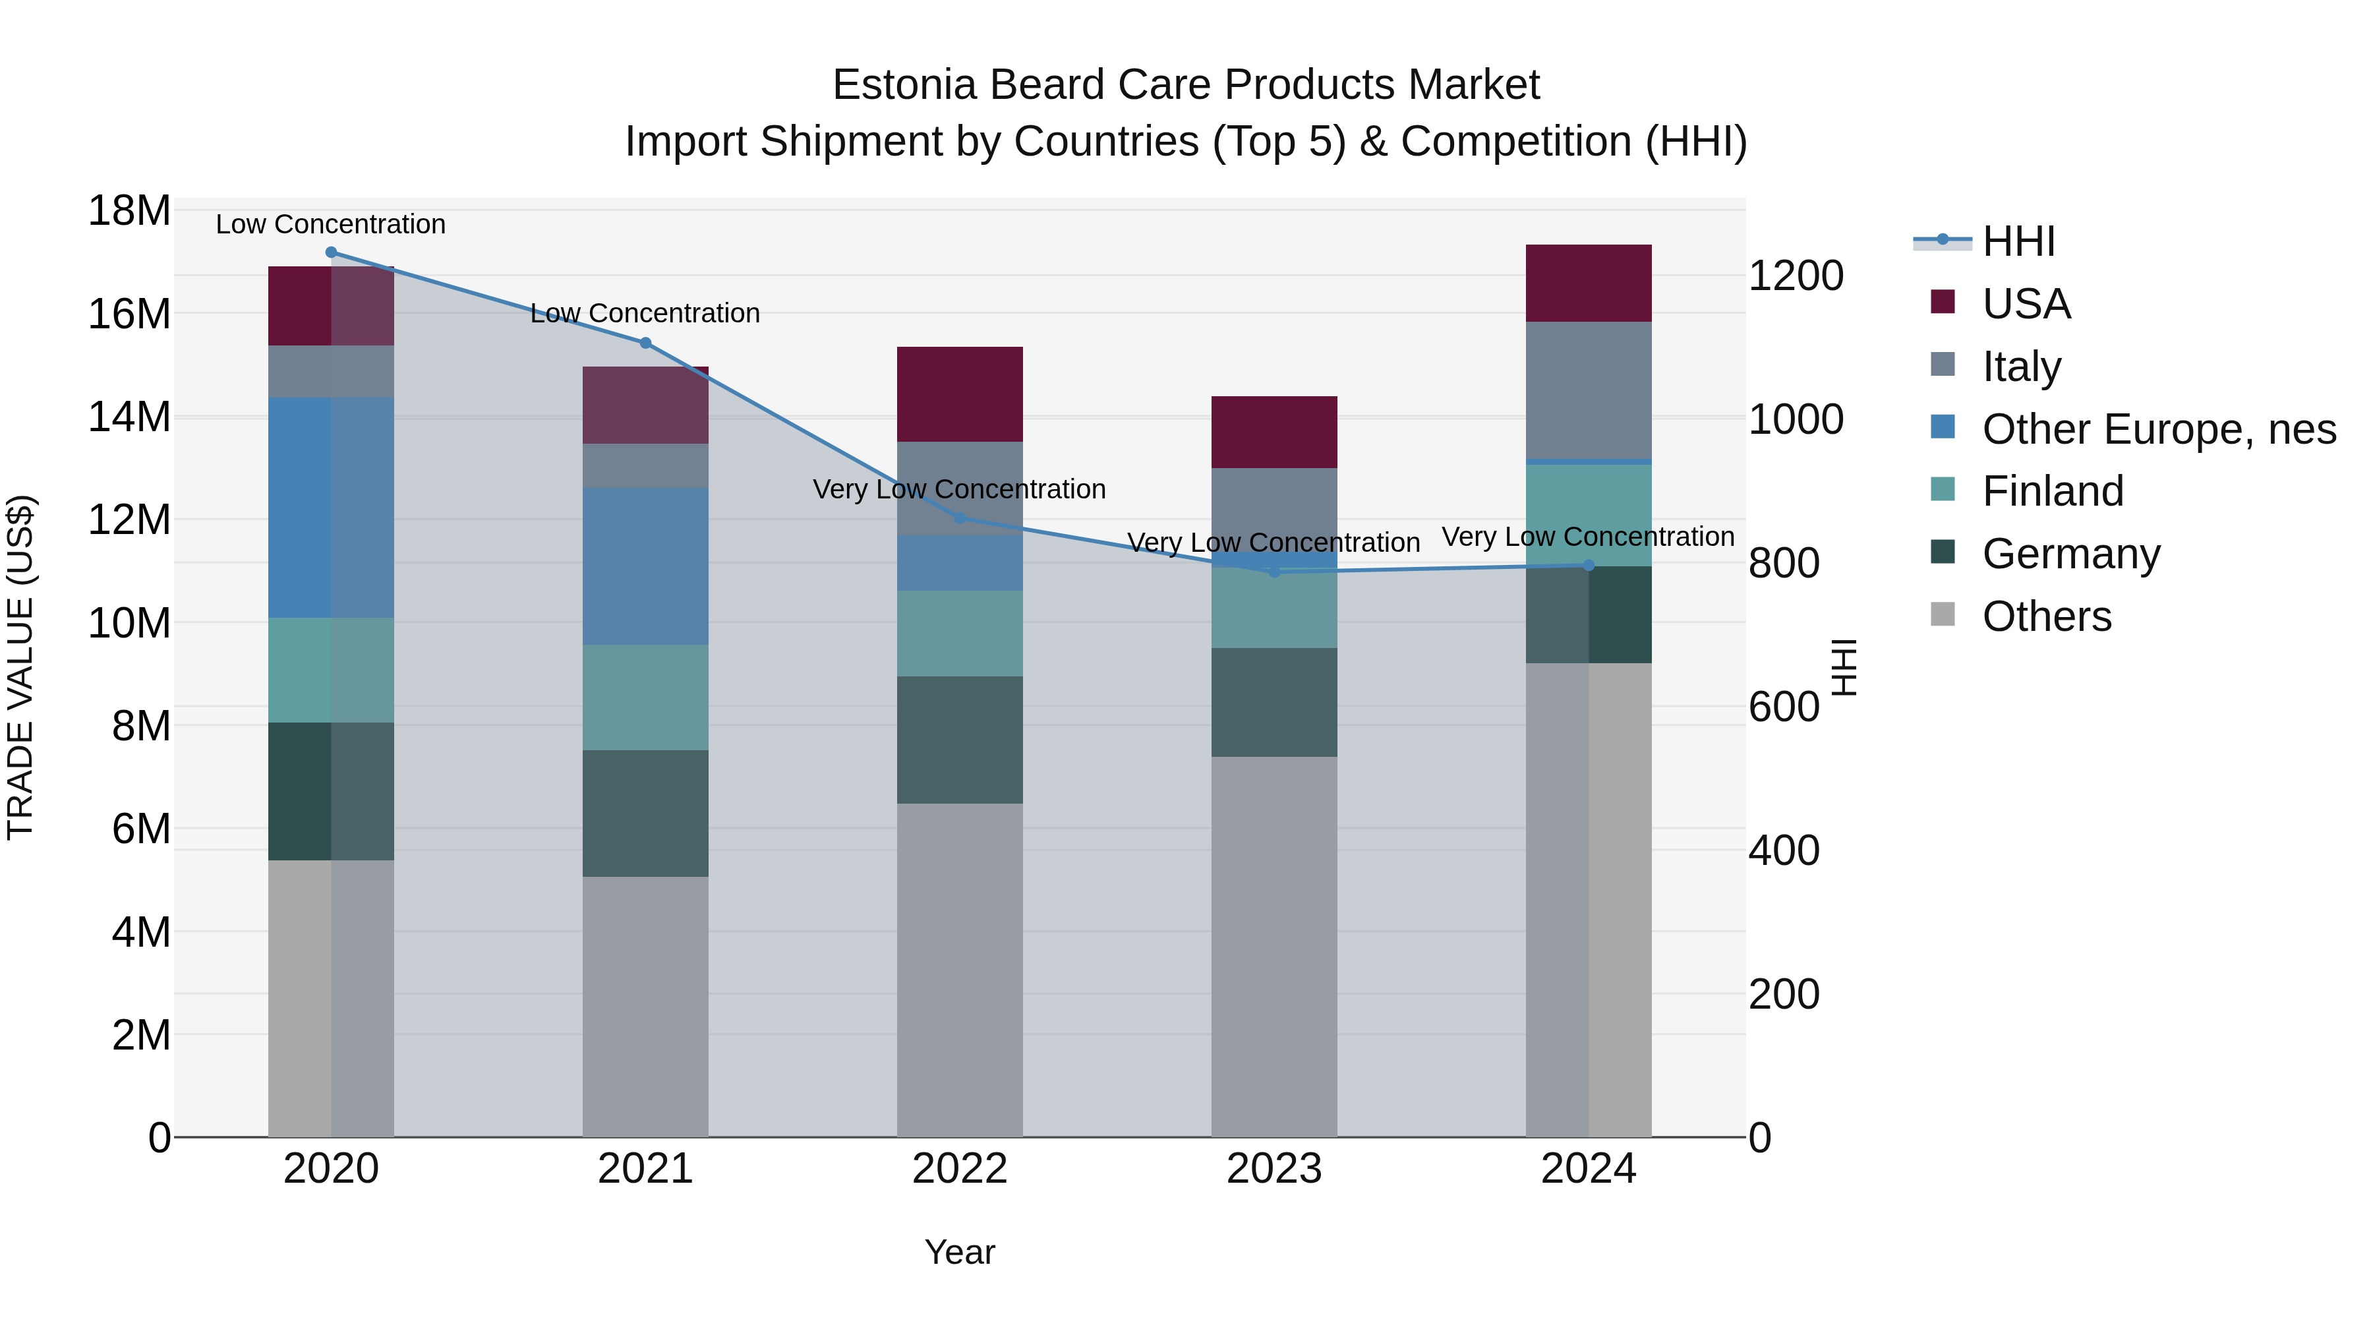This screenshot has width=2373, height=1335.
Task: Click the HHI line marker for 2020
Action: coord(332,252)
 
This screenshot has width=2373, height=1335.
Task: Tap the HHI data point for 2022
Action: coord(960,518)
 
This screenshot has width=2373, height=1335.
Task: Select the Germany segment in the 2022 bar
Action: coord(960,740)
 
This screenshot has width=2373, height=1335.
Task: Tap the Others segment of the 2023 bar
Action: coord(1274,946)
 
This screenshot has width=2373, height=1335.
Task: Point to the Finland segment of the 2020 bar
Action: coord(331,670)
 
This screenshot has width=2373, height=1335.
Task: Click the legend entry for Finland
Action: coord(2053,491)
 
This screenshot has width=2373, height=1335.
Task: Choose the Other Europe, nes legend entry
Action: coord(2158,429)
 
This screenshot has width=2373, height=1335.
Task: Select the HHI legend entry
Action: coord(2018,241)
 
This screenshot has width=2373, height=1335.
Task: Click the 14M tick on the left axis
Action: coord(129,417)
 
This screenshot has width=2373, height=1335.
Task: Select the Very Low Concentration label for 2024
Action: coord(1587,536)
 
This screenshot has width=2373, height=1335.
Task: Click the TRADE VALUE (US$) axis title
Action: coord(20,667)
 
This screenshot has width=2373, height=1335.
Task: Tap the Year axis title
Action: coord(959,1252)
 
